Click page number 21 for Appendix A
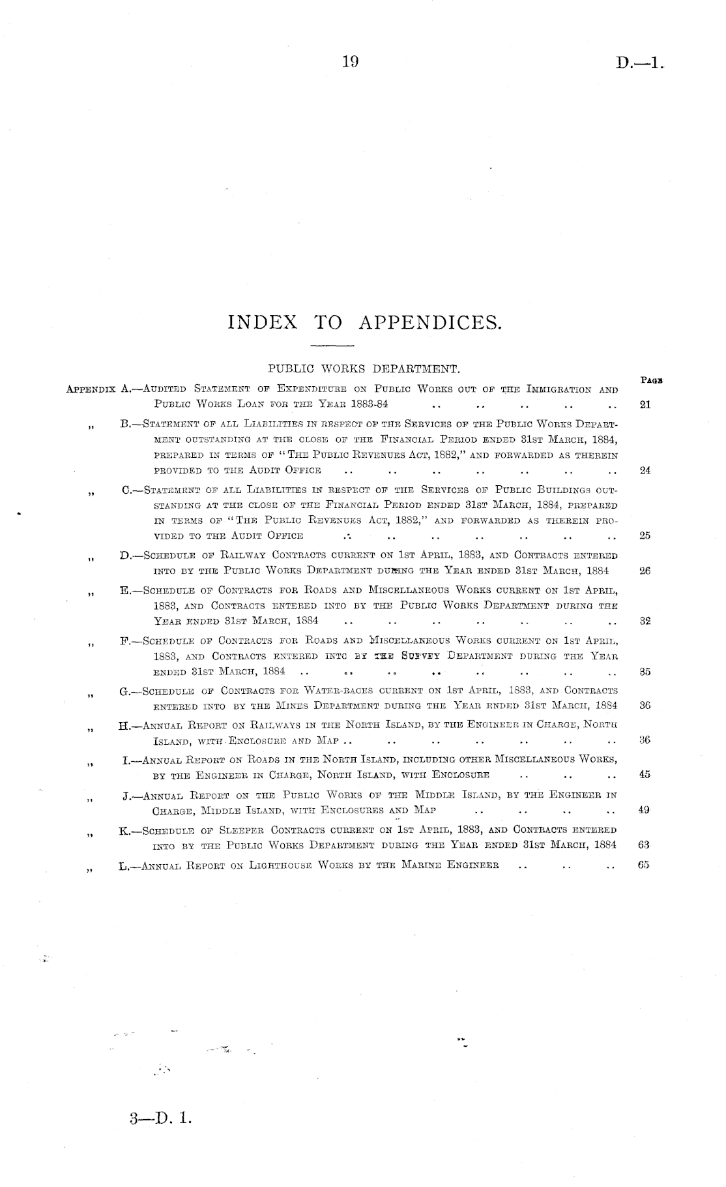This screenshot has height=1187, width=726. point(645,404)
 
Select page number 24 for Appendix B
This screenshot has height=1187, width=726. point(645,470)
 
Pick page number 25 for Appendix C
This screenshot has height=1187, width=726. point(645,536)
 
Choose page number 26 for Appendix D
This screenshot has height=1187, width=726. point(645,571)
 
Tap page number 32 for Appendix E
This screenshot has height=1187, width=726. point(645,621)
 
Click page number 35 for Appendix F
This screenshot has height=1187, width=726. point(645,672)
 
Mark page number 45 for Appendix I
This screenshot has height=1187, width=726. point(645,775)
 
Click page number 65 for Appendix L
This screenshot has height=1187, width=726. point(645,865)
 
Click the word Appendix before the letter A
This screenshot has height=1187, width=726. point(93,389)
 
